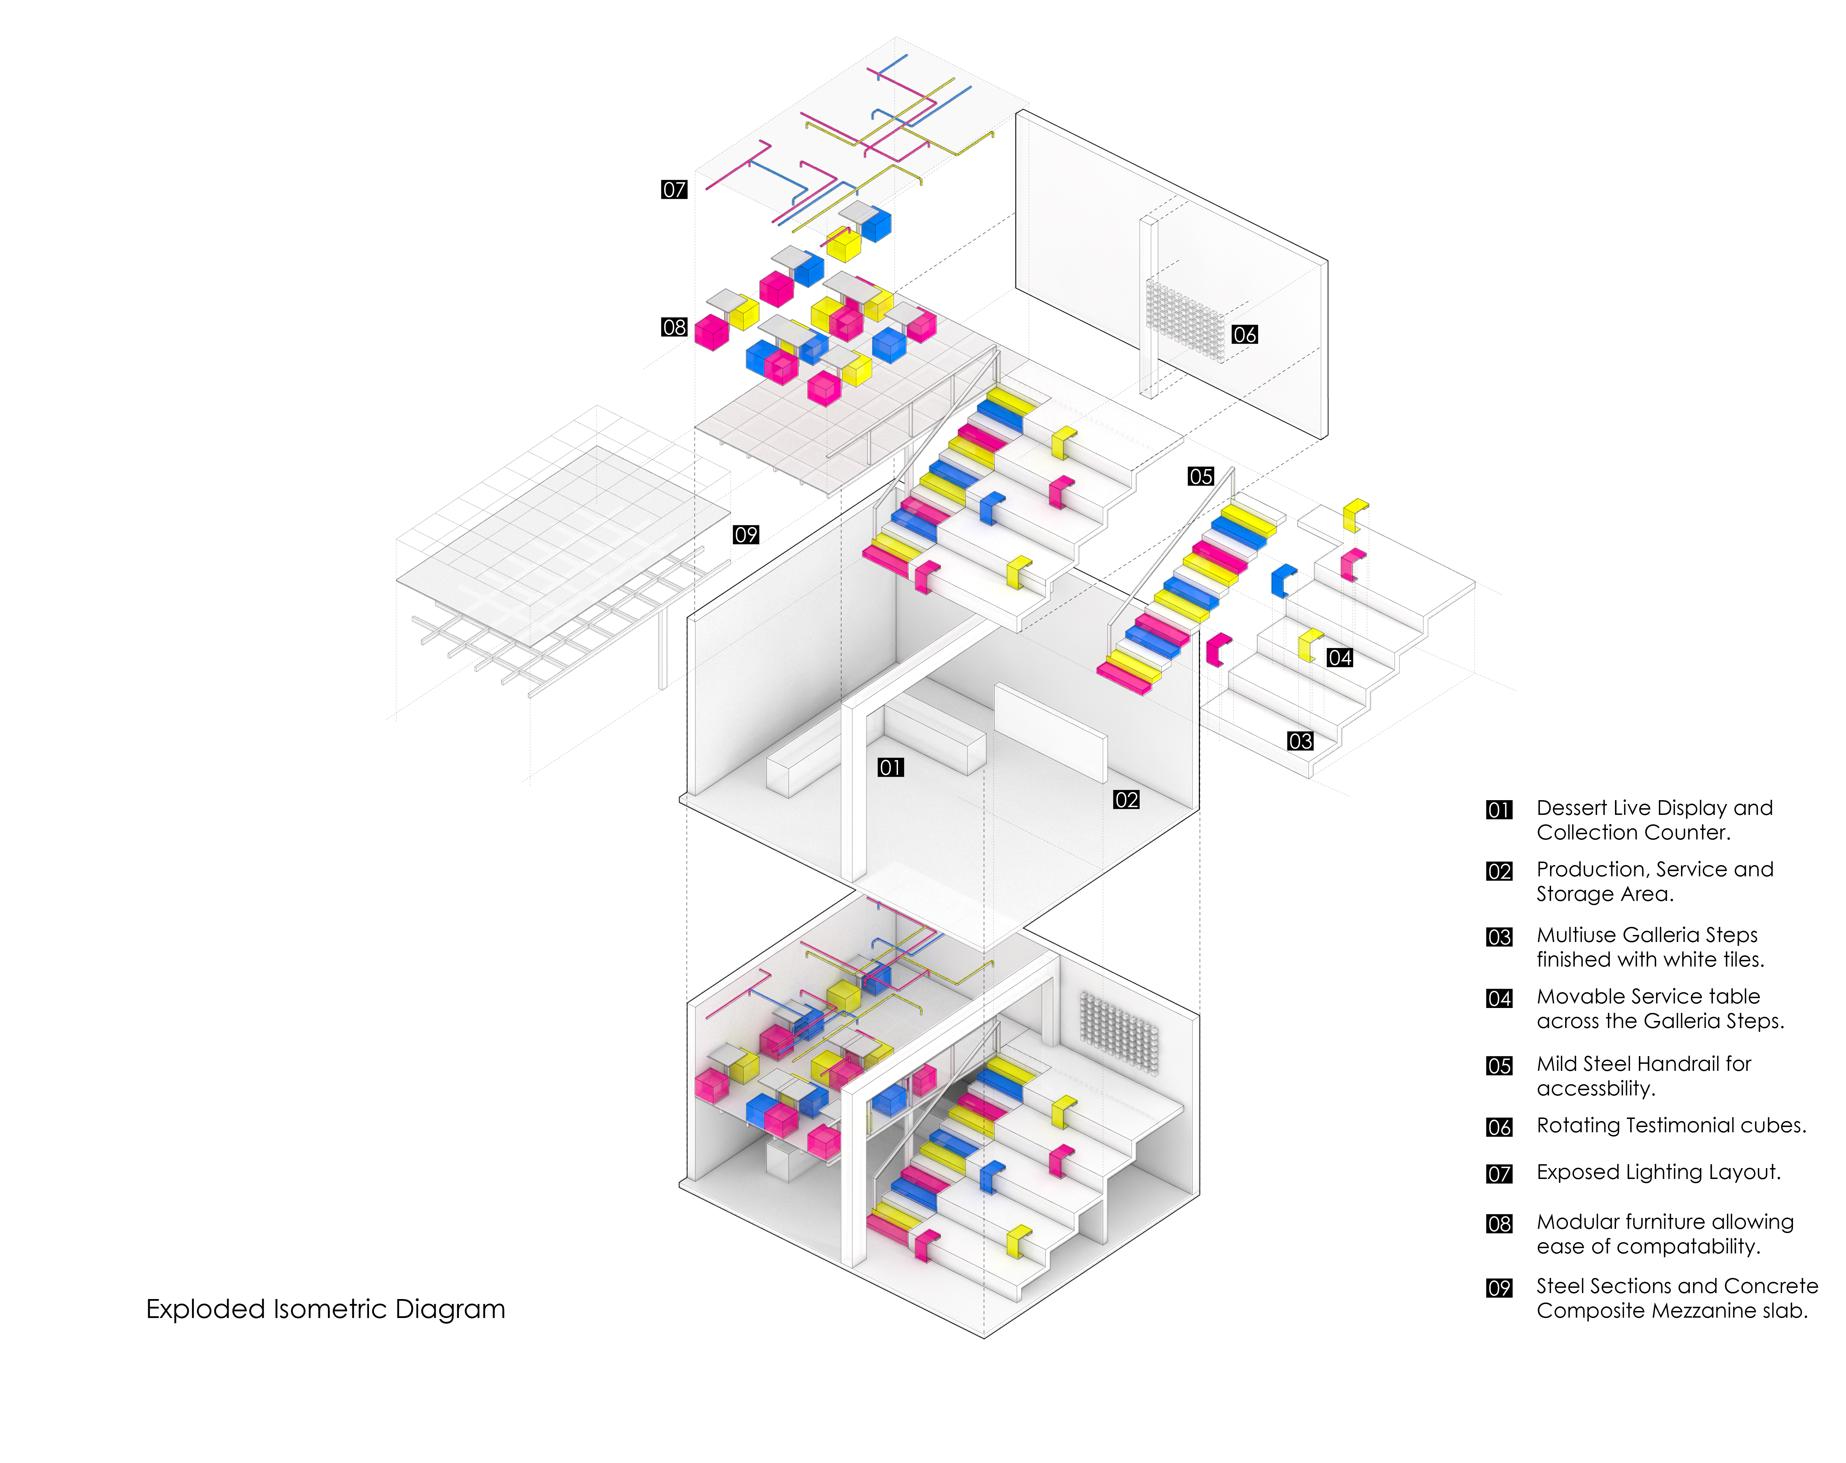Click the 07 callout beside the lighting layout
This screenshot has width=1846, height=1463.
tap(674, 189)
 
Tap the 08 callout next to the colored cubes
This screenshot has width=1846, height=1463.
tap(674, 327)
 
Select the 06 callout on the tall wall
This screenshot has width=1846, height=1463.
tap(1244, 335)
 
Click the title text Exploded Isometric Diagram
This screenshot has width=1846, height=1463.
tap(325, 1309)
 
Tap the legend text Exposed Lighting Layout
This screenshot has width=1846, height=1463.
tap(1657, 1172)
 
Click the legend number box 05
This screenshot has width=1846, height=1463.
tap(1499, 1066)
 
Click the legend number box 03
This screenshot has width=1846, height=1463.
tap(1499, 937)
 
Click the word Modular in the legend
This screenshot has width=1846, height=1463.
tap(1577, 1221)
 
